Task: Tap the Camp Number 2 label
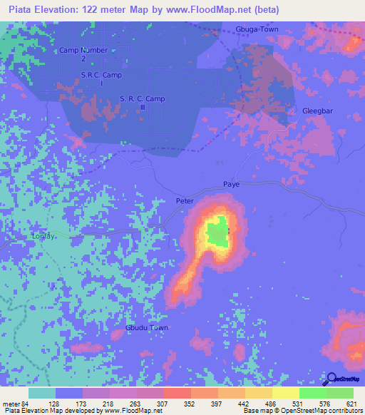tap(83, 55)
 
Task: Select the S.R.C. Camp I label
tap(102, 79)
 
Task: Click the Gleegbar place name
tap(318, 112)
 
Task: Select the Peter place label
tap(185, 201)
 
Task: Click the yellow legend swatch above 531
tap(285, 393)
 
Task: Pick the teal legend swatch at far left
tap(42, 393)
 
